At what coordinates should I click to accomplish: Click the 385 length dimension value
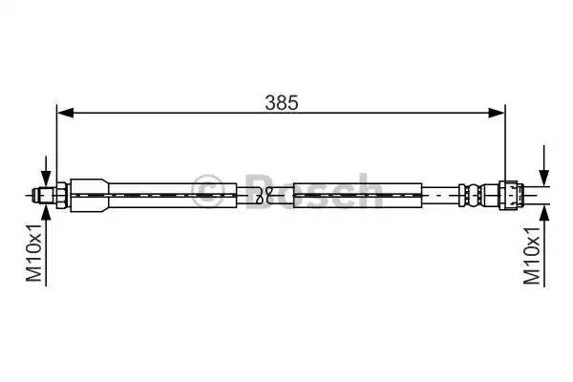[x=282, y=101]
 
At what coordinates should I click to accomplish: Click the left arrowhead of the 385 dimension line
[x=65, y=113]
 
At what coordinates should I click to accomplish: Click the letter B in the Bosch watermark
[x=258, y=189]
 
